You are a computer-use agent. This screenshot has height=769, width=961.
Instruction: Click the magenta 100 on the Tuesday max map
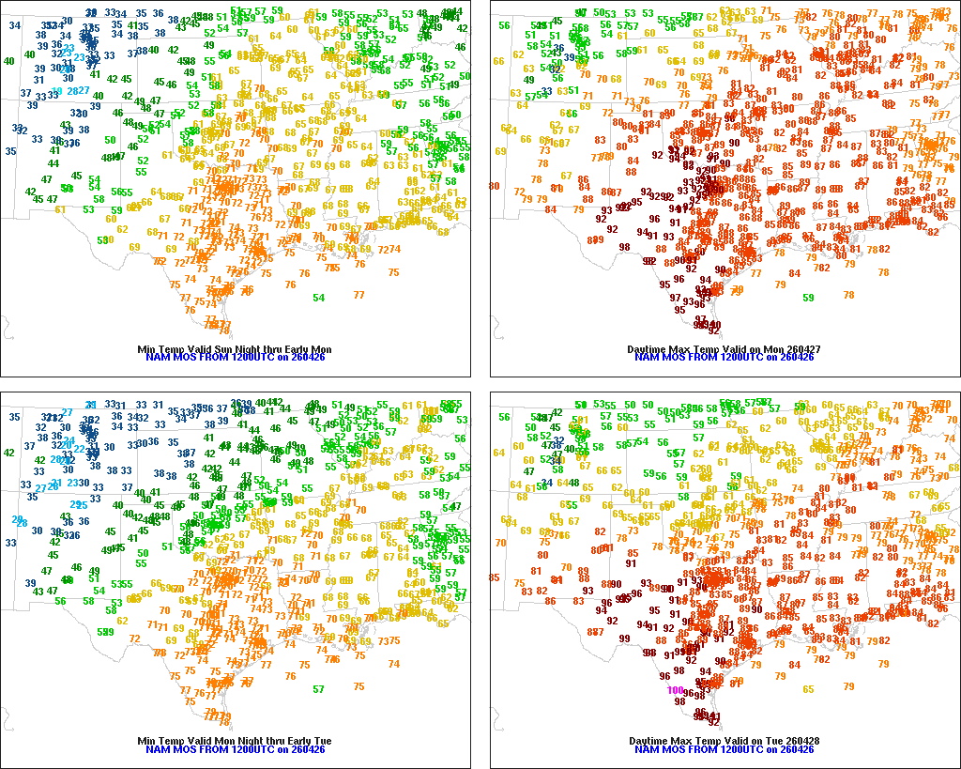coord(675,690)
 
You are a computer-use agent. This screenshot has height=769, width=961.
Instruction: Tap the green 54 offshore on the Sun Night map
coord(319,298)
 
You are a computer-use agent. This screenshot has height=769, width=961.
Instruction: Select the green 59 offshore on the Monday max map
coord(809,298)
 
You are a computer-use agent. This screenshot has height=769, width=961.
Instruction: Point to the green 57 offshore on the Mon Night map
coord(319,689)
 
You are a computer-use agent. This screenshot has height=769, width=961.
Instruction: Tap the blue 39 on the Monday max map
coord(569,58)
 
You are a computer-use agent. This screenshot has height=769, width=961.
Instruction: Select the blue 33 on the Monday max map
coord(546,91)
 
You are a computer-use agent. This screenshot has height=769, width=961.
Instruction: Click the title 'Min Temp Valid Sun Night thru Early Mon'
coord(235,349)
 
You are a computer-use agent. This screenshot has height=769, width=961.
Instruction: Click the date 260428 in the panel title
coord(801,741)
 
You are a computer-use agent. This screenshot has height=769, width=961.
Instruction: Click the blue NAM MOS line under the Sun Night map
coord(235,358)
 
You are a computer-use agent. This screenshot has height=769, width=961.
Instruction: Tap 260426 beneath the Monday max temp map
coord(797,358)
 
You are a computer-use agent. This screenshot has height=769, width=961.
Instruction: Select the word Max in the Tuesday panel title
coord(681,741)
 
